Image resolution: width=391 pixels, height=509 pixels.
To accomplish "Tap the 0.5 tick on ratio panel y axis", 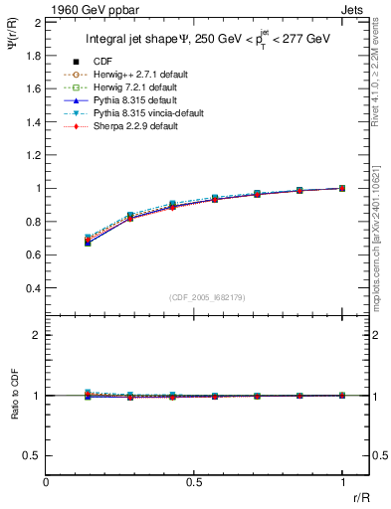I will pyautogui.click(x=34, y=455).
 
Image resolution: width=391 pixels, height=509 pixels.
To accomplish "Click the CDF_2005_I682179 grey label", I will pyautogui.click(x=208, y=296).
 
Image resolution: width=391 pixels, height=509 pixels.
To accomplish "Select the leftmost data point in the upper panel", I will pyautogui.click(x=89, y=241).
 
